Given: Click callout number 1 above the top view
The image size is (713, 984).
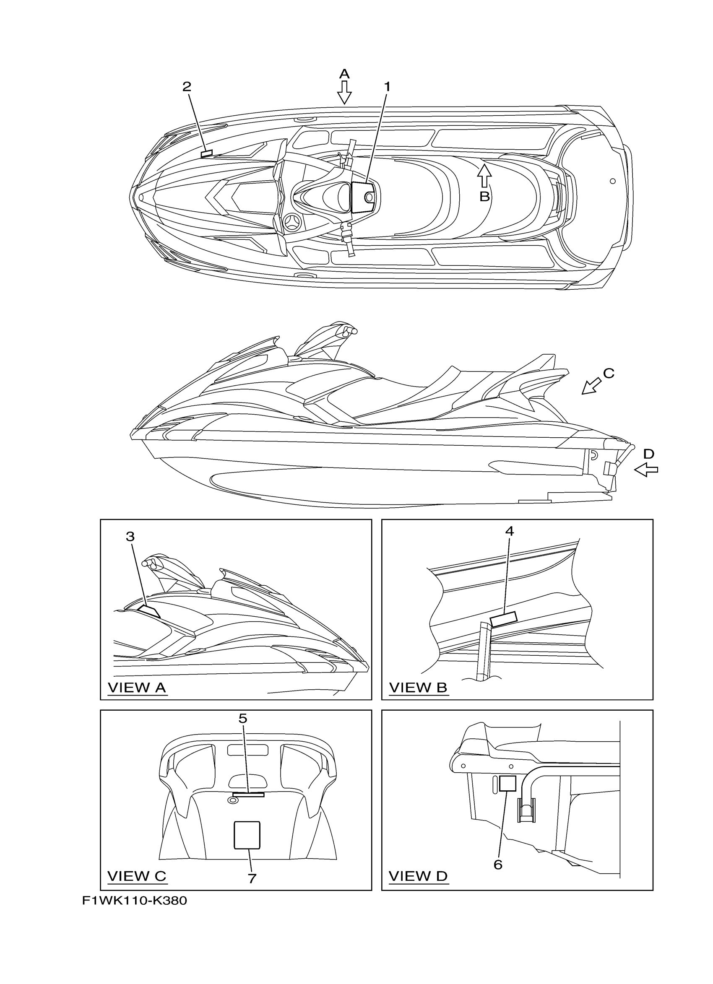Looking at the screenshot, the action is coord(387,87).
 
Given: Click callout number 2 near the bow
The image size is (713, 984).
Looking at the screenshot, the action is coord(187,87).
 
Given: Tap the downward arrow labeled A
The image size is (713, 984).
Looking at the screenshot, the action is coord(344,92).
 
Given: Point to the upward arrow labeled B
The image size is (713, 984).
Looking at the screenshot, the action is coord(484,176).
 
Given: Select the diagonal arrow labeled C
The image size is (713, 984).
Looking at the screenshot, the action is coord(591,386).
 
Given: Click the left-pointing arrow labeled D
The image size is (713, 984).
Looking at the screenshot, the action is coord(646,470).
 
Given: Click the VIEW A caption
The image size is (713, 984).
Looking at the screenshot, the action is coord(137,688).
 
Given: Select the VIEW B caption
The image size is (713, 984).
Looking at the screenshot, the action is coord(418,688).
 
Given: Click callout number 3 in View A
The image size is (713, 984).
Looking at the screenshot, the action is coord(130,537).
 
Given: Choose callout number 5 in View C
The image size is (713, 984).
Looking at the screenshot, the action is coord(243,719).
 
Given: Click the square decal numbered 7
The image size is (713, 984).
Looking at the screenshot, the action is coord(247,835).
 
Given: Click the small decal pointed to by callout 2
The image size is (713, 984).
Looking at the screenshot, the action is coord(207,153).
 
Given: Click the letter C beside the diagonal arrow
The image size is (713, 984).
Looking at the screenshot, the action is coord(609,373).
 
